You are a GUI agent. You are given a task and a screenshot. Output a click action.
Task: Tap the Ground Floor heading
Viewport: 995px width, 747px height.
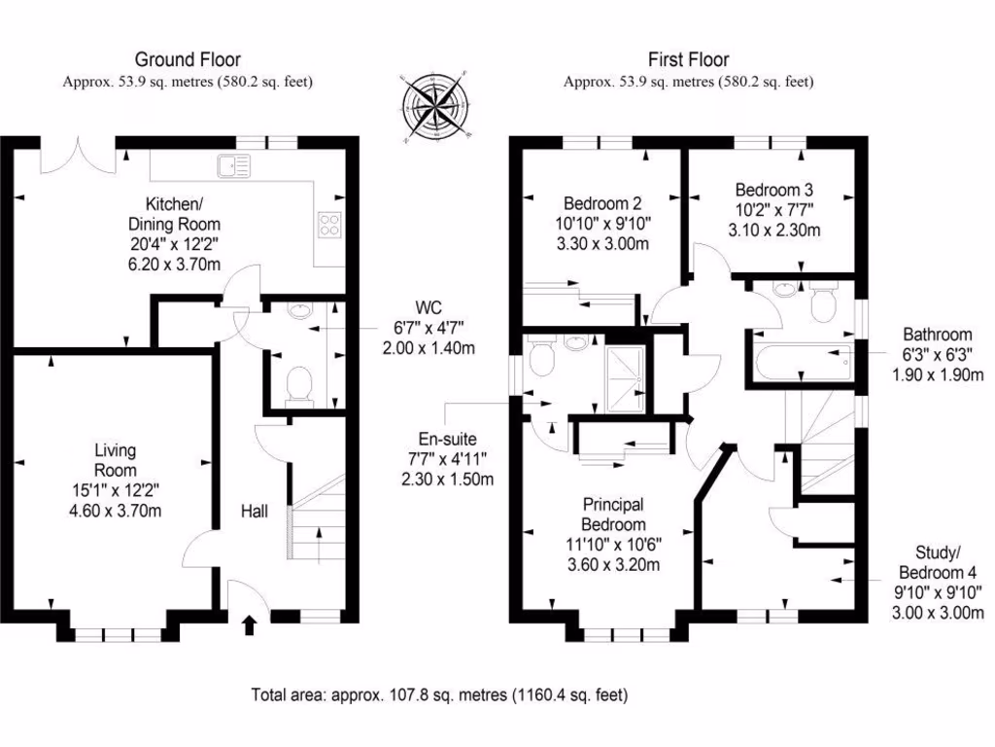pyautogui.click(x=188, y=60)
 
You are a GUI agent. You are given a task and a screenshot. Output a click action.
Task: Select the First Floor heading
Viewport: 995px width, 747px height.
pyautogui.click(x=688, y=60)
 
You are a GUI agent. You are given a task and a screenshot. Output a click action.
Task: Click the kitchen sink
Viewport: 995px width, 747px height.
pyautogui.click(x=234, y=165)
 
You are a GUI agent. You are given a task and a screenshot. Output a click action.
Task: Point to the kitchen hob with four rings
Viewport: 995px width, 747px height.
pyautogui.click(x=330, y=225)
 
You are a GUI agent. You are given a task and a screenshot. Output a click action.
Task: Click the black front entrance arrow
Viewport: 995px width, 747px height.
pyautogui.click(x=249, y=623)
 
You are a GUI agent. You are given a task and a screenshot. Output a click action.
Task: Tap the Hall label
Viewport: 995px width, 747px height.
pyautogui.click(x=255, y=511)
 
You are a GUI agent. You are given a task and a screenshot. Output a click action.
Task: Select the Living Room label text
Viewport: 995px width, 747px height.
pyautogui.click(x=115, y=461)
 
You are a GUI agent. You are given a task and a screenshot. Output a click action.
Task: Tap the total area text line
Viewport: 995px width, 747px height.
pyautogui.click(x=439, y=694)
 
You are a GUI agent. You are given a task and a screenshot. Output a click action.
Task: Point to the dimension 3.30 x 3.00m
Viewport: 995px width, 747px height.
pyautogui.click(x=601, y=243)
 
